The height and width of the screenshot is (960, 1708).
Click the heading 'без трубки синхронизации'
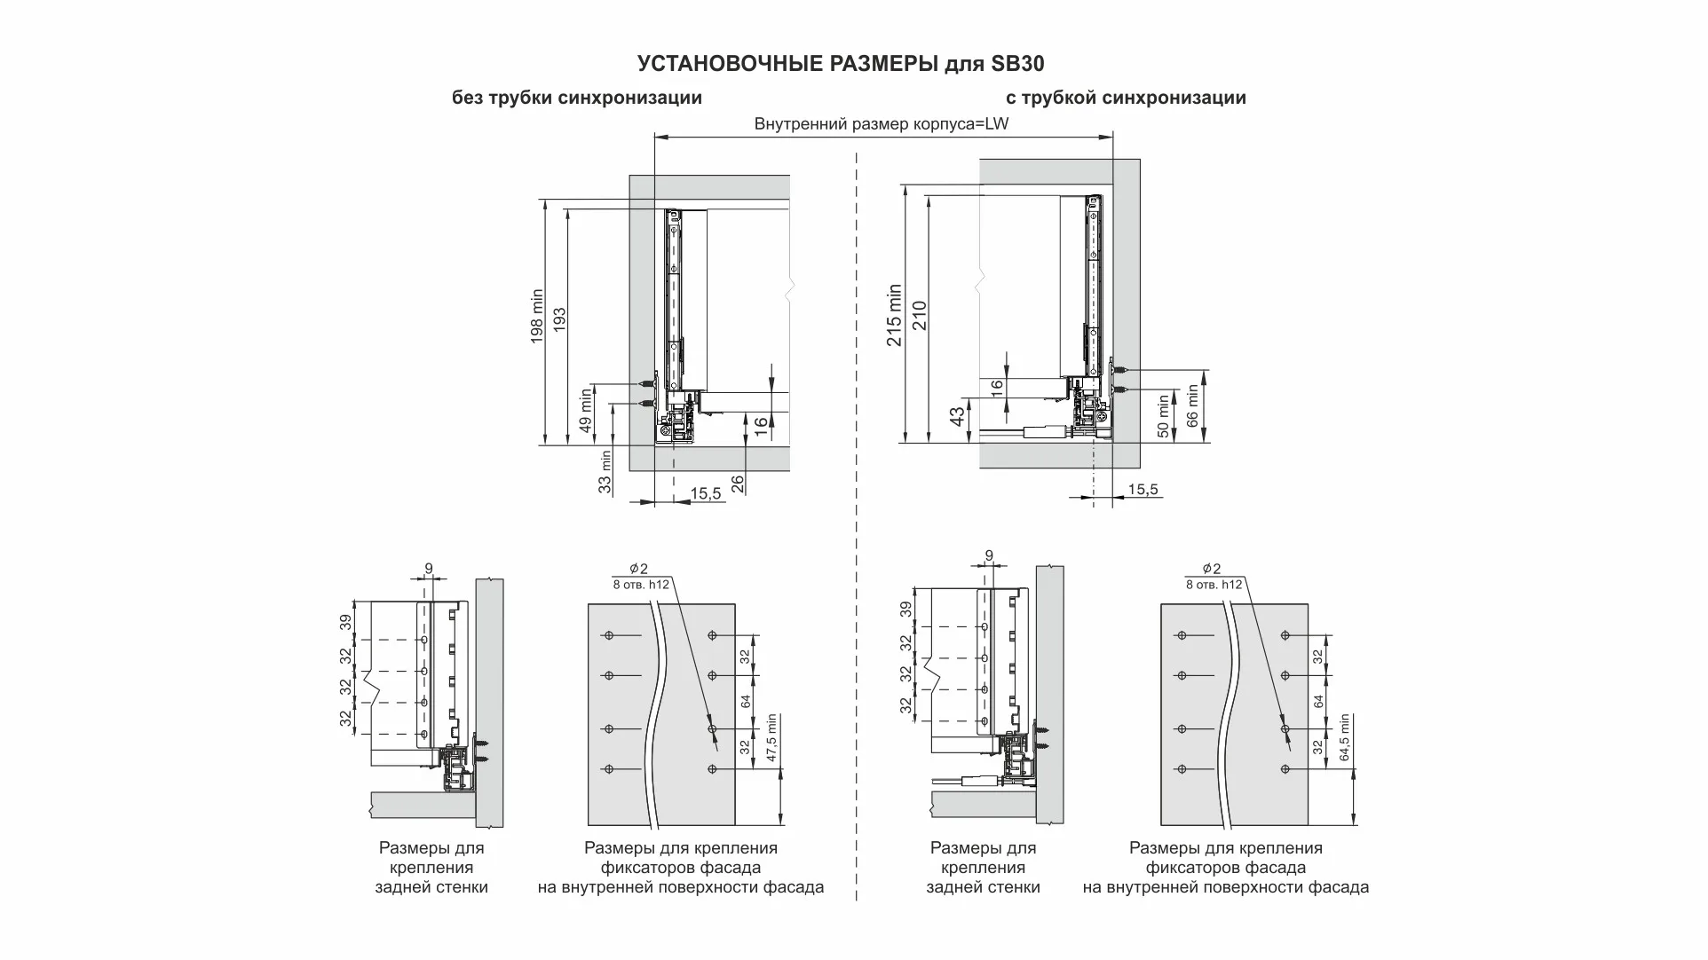pyautogui.click(x=577, y=98)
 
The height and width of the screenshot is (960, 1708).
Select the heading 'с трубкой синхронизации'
pyautogui.click(x=1126, y=98)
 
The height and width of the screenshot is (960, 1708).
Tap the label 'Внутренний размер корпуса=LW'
pyautogui.click(x=881, y=124)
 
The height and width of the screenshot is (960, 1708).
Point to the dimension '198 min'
pyautogui.click(x=537, y=317)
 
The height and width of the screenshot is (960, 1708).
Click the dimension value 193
pyautogui.click(x=559, y=319)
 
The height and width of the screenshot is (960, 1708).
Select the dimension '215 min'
pyautogui.click(x=895, y=315)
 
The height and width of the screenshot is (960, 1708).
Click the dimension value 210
pyautogui.click(x=920, y=315)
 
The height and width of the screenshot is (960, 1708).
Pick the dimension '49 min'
pyautogui.click(x=585, y=410)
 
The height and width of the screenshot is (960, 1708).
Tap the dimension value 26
pyautogui.click(x=738, y=484)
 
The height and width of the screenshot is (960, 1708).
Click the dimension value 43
pyautogui.click(x=957, y=417)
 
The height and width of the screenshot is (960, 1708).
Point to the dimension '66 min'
pyautogui.click(x=1192, y=405)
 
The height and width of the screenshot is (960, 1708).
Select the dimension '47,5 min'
pyautogui.click(x=771, y=738)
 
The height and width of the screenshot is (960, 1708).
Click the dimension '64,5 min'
pyautogui.click(x=1344, y=738)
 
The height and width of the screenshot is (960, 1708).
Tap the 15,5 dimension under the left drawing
pyautogui.click(x=705, y=493)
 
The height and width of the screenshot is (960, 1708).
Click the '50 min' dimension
pyautogui.click(x=1163, y=417)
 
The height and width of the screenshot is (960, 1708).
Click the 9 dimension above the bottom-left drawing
pyautogui.click(x=429, y=569)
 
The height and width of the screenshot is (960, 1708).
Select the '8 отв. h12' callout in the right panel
pyautogui.click(x=1214, y=585)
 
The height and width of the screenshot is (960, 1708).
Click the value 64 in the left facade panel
pyautogui.click(x=746, y=701)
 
